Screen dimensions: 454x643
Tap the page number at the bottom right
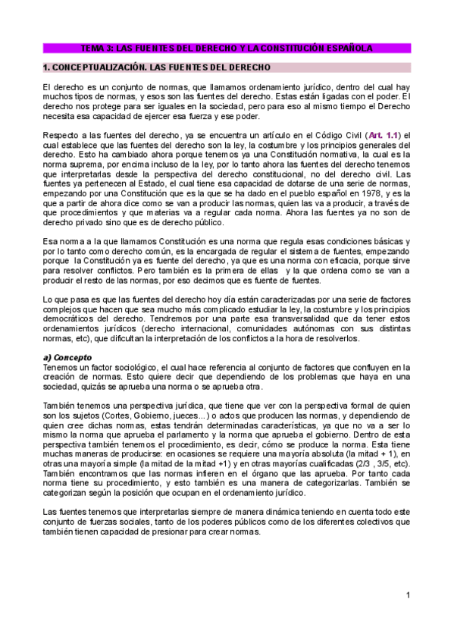[x=407, y=594]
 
